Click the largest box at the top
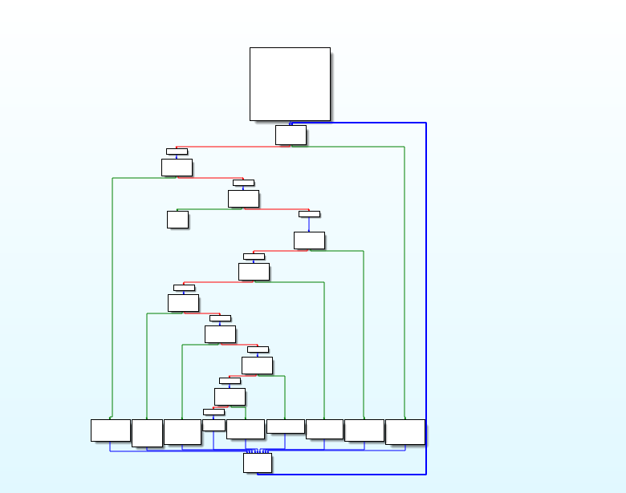pyautogui.click(x=290, y=83)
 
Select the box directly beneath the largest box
pyautogui.click(x=290, y=135)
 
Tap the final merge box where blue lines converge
pyautogui.click(x=257, y=463)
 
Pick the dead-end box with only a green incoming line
pyautogui.click(x=177, y=219)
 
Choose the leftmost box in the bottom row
pyautogui.click(x=110, y=430)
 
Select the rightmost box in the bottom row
pyautogui.click(x=404, y=431)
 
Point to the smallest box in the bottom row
pyautogui.click(x=213, y=425)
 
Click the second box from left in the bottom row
pyautogui.click(x=147, y=433)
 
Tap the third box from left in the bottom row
pyautogui.click(x=182, y=431)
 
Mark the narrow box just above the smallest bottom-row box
pyautogui.click(x=213, y=412)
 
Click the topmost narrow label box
pyautogui.click(x=177, y=151)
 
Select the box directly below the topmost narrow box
pyautogui.click(x=177, y=167)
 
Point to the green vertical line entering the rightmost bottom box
pyautogui.click(x=404, y=281)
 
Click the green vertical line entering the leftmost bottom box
pyautogui.click(x=112, y=297)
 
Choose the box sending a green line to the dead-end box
pyautogui.click(x=243, y=198)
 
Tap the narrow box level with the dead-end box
pyautogui.click(x=309, y=214)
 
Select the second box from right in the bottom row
pyautogui.click(x=364, y=430)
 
